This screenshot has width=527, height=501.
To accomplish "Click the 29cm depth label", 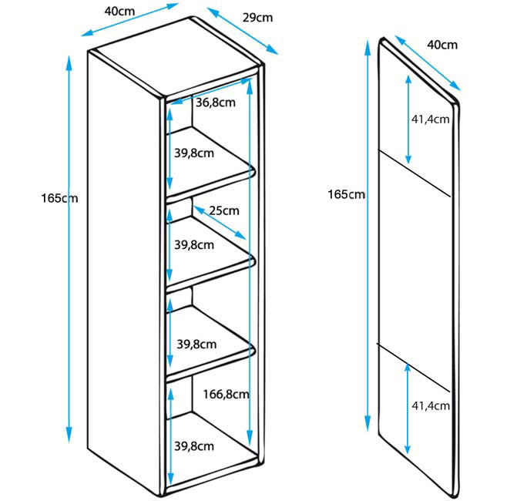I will coord(257,18).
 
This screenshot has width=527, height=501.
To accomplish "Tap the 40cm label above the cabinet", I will coord(123,10).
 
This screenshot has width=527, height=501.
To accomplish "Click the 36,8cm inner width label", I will coord(215,103).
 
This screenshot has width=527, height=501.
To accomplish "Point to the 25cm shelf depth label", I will coord(224,210).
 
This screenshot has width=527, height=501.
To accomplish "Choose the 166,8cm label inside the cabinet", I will coord(227,394).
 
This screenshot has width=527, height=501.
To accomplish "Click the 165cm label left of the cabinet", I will coord(60,198).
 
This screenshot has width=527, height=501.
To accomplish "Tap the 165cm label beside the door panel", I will coord(346,193).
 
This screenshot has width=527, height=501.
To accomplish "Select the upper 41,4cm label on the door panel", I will coord(430,119).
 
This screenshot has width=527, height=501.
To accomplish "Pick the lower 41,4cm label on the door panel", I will coord(430,404).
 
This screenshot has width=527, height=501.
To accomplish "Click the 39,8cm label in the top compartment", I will coord(194,153).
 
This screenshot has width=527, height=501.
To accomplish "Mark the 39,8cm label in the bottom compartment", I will coord(194,446).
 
